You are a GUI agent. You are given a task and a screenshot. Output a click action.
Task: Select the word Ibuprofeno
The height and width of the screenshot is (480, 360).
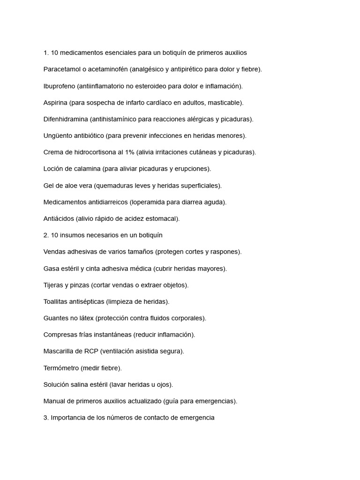tap(59, 86)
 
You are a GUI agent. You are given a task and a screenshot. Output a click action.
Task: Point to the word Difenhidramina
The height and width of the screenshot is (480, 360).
tap(66, 119)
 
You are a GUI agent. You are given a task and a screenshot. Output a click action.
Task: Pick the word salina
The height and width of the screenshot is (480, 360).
tap(81, 385)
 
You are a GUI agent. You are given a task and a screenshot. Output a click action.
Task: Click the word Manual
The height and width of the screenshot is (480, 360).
tap(54, 401)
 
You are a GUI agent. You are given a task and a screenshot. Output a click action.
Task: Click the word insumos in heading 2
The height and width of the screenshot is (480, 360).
tap(71, 235)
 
